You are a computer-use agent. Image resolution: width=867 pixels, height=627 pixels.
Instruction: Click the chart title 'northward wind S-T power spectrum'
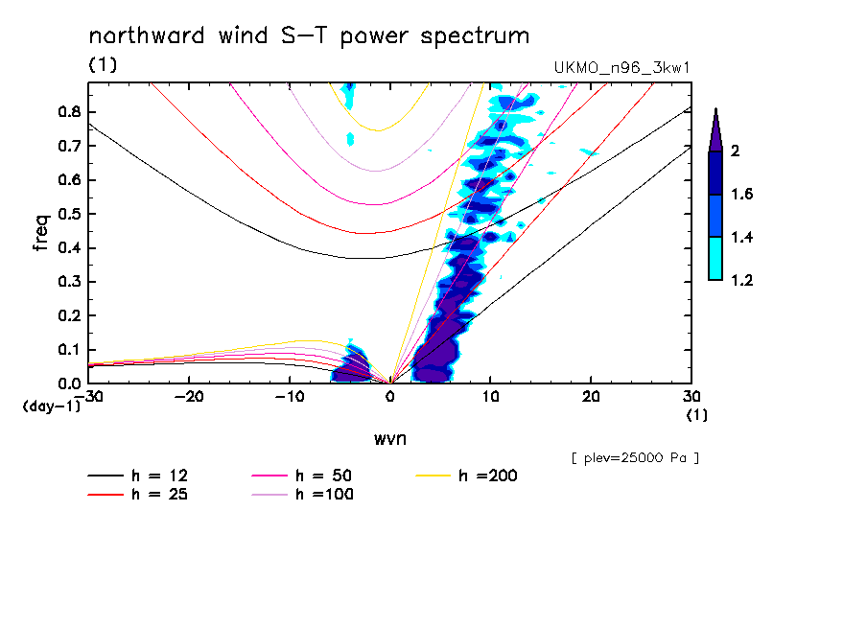pos(309,36)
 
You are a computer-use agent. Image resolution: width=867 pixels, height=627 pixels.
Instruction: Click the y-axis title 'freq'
pos(41,232)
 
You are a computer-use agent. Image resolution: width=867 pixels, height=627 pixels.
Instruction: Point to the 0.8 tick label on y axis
pos(68,111)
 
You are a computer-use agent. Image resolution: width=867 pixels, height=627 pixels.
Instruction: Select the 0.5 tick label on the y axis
pos(68,214)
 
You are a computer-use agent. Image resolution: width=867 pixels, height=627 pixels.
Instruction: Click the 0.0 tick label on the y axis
pos(68,383)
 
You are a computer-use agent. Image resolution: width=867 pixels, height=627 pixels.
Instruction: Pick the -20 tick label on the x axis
pos(189,397)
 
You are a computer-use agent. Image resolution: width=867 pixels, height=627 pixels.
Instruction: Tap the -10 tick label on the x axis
pos(290,397)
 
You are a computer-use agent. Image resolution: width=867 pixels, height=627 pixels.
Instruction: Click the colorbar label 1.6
pos(741,195)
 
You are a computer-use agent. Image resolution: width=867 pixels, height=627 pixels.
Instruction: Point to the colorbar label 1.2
pos(741,280)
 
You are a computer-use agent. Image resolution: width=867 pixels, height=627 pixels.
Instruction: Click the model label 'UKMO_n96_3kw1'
pos(621,67)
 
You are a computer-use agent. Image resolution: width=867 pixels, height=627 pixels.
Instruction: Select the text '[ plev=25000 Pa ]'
pos(635,458)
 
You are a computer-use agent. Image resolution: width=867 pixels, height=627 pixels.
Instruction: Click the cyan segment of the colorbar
pos(715,258)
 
